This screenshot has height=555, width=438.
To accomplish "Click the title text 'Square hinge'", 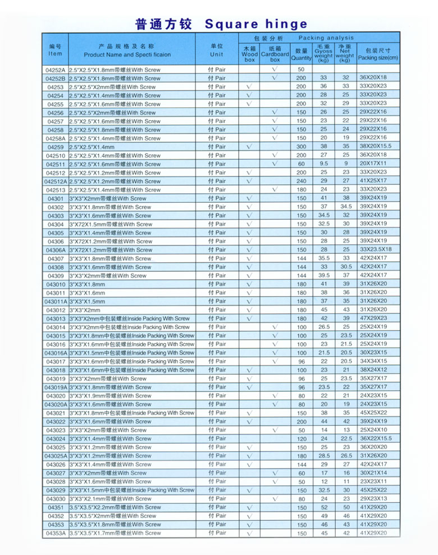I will pos(257,24).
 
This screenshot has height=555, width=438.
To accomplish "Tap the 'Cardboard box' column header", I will pos(275,54).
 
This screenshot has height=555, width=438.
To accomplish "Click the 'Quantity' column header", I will pos(302,54).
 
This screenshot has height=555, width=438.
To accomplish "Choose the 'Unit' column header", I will pos(217,51).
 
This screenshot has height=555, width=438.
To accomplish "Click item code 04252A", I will pos(56,70).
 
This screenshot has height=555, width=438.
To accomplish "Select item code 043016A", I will pos(56,353).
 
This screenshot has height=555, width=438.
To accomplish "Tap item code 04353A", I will pos(56,533).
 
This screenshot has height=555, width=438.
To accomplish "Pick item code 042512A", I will pos(56,181).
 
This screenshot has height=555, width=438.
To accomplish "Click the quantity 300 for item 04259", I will pos(302,147).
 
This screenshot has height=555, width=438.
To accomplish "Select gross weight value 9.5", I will pos(324,164).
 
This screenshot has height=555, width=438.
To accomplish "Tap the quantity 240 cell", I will pos(302,181).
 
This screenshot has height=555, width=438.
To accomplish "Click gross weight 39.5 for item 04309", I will pos(324,276).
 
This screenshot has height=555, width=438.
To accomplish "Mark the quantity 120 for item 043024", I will pos(302,439).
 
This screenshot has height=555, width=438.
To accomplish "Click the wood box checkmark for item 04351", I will pos(249,507).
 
